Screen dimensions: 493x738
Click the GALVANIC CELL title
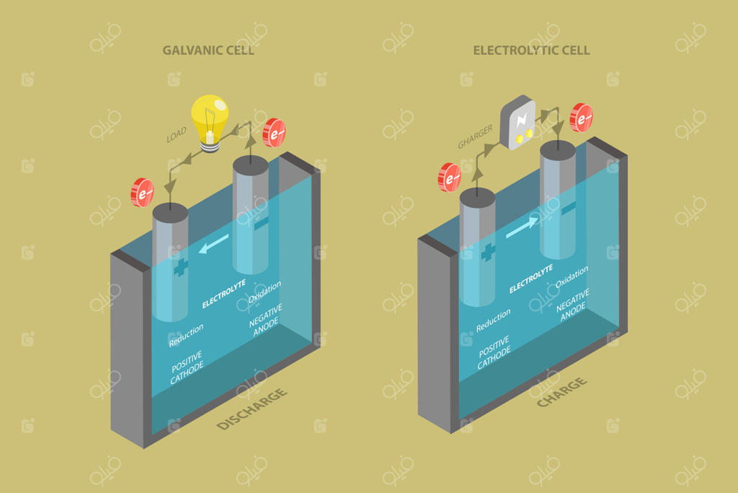[x=208, y=51]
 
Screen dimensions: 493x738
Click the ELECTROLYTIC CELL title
[x=531, y=51]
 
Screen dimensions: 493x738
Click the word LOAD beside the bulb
[x=177, y=134]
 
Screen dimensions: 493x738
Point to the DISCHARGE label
[x=252, y=409]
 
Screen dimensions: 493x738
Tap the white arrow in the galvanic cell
[x=214, y=244]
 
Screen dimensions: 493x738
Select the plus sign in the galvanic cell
[x=180, y=266]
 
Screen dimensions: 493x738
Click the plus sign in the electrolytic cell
[x=488, y=252]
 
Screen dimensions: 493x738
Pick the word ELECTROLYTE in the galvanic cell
[x=224, y=294]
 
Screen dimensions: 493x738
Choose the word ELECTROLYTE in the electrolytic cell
[x=531, y=279]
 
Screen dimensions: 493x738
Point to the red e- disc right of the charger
[x=582, y=118]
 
